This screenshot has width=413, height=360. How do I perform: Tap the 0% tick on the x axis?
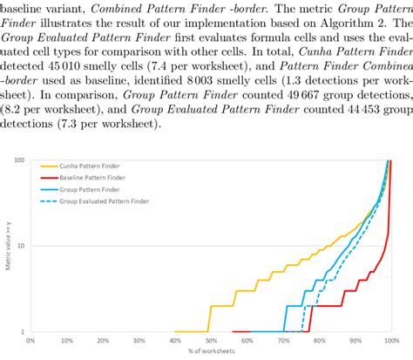tap(30, 341)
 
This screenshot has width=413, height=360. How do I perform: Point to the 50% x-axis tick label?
tap(210, 341)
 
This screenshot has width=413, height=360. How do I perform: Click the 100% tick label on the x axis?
tap(389, 341)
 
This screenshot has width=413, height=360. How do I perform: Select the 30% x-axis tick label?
tap(139, 341)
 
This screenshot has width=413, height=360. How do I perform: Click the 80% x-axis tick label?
tap(317, 341)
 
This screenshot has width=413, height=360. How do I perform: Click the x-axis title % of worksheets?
tap(210, 351)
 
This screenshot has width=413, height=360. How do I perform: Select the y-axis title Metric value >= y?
tap(7, 246)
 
